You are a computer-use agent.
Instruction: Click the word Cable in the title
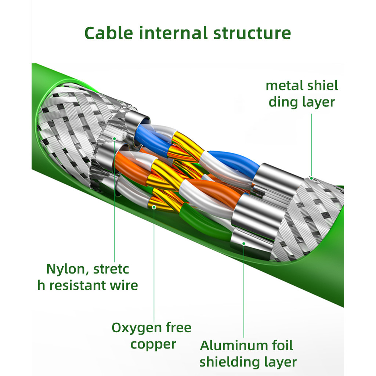point(109,33)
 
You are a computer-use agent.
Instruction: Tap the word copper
point(153,344)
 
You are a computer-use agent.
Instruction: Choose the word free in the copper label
point(178,328)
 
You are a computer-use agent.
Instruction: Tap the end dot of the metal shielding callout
point(311,178)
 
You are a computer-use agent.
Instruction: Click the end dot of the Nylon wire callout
point(115,138)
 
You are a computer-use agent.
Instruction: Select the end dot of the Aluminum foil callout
point(244,242)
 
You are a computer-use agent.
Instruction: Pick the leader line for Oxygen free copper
point(154,264)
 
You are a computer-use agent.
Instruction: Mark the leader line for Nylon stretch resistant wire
point(115,202)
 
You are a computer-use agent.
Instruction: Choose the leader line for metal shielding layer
point(311,147)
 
